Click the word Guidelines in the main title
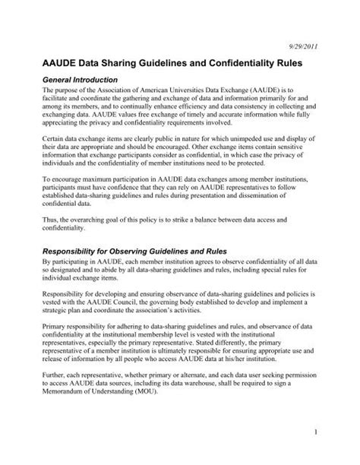pyautogui.click(x=163, y=65)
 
